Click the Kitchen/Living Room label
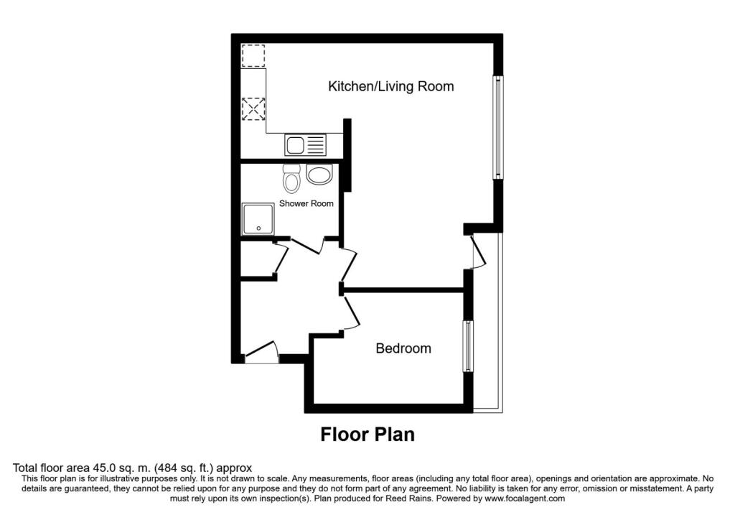pyautogui.click(x=391, y=87)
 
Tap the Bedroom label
pyautogui.click(x=403, y=348)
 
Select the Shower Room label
pyautogui.click(x=306, y=203)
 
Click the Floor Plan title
pyautogui.click(x=367, y=435)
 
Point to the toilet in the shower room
pyautogui.click(x=291, y=177)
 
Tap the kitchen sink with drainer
pyautogui.click(x=305, y=145)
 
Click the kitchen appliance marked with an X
pyautogui.click(x=253, y=110)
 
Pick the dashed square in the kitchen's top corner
pyautogui.click(x=253, y=56)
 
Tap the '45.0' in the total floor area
pyautogui.click(x=93, y=468)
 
